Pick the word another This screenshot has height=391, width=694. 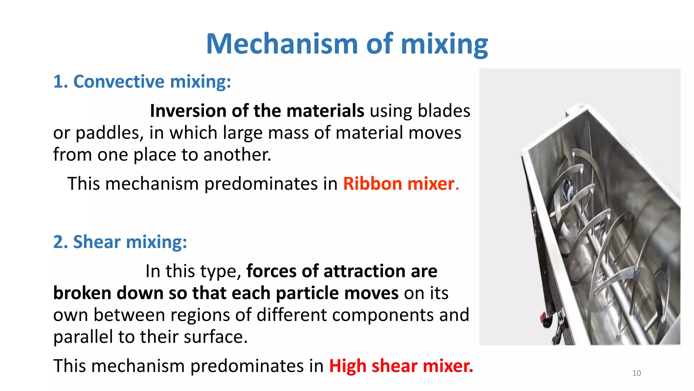pos(237,155)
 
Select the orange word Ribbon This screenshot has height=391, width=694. pos(372,184)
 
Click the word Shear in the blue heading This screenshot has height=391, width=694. pos(97,242)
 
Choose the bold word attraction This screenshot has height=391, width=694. pos(365,271)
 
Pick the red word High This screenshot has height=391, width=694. pos(348,366)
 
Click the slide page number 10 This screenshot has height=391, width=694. pos(636,373)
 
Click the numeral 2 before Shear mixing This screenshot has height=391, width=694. pos(58,242)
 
